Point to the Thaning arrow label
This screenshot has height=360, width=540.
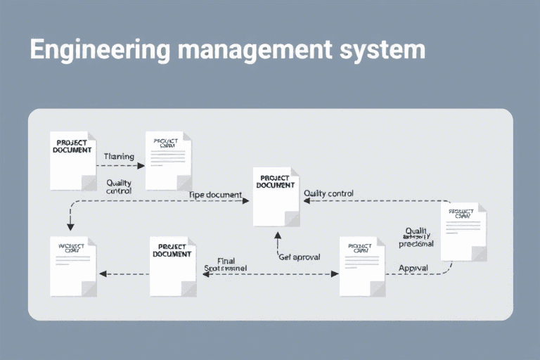tap(119, 156)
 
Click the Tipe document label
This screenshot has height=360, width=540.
tap(215, 194)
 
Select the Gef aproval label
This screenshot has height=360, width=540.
tap(299, 257)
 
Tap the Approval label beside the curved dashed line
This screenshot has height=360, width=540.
tap(413, 268)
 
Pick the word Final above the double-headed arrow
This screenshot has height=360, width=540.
tap(226, 261)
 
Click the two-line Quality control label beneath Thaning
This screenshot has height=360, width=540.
tap(119, 186)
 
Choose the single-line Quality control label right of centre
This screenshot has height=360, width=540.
tap(328, 193)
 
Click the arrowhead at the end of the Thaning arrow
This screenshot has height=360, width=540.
tap(141, 166)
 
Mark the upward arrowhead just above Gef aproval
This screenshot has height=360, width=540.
tap(278, 236)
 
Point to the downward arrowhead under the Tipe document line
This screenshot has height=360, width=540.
tap(70, 226)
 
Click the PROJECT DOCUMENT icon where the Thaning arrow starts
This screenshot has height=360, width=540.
tap(72, 160)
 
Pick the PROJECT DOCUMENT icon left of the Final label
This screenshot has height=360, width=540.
tap(173, 266)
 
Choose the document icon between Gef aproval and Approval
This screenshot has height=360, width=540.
tap(362, 266)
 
